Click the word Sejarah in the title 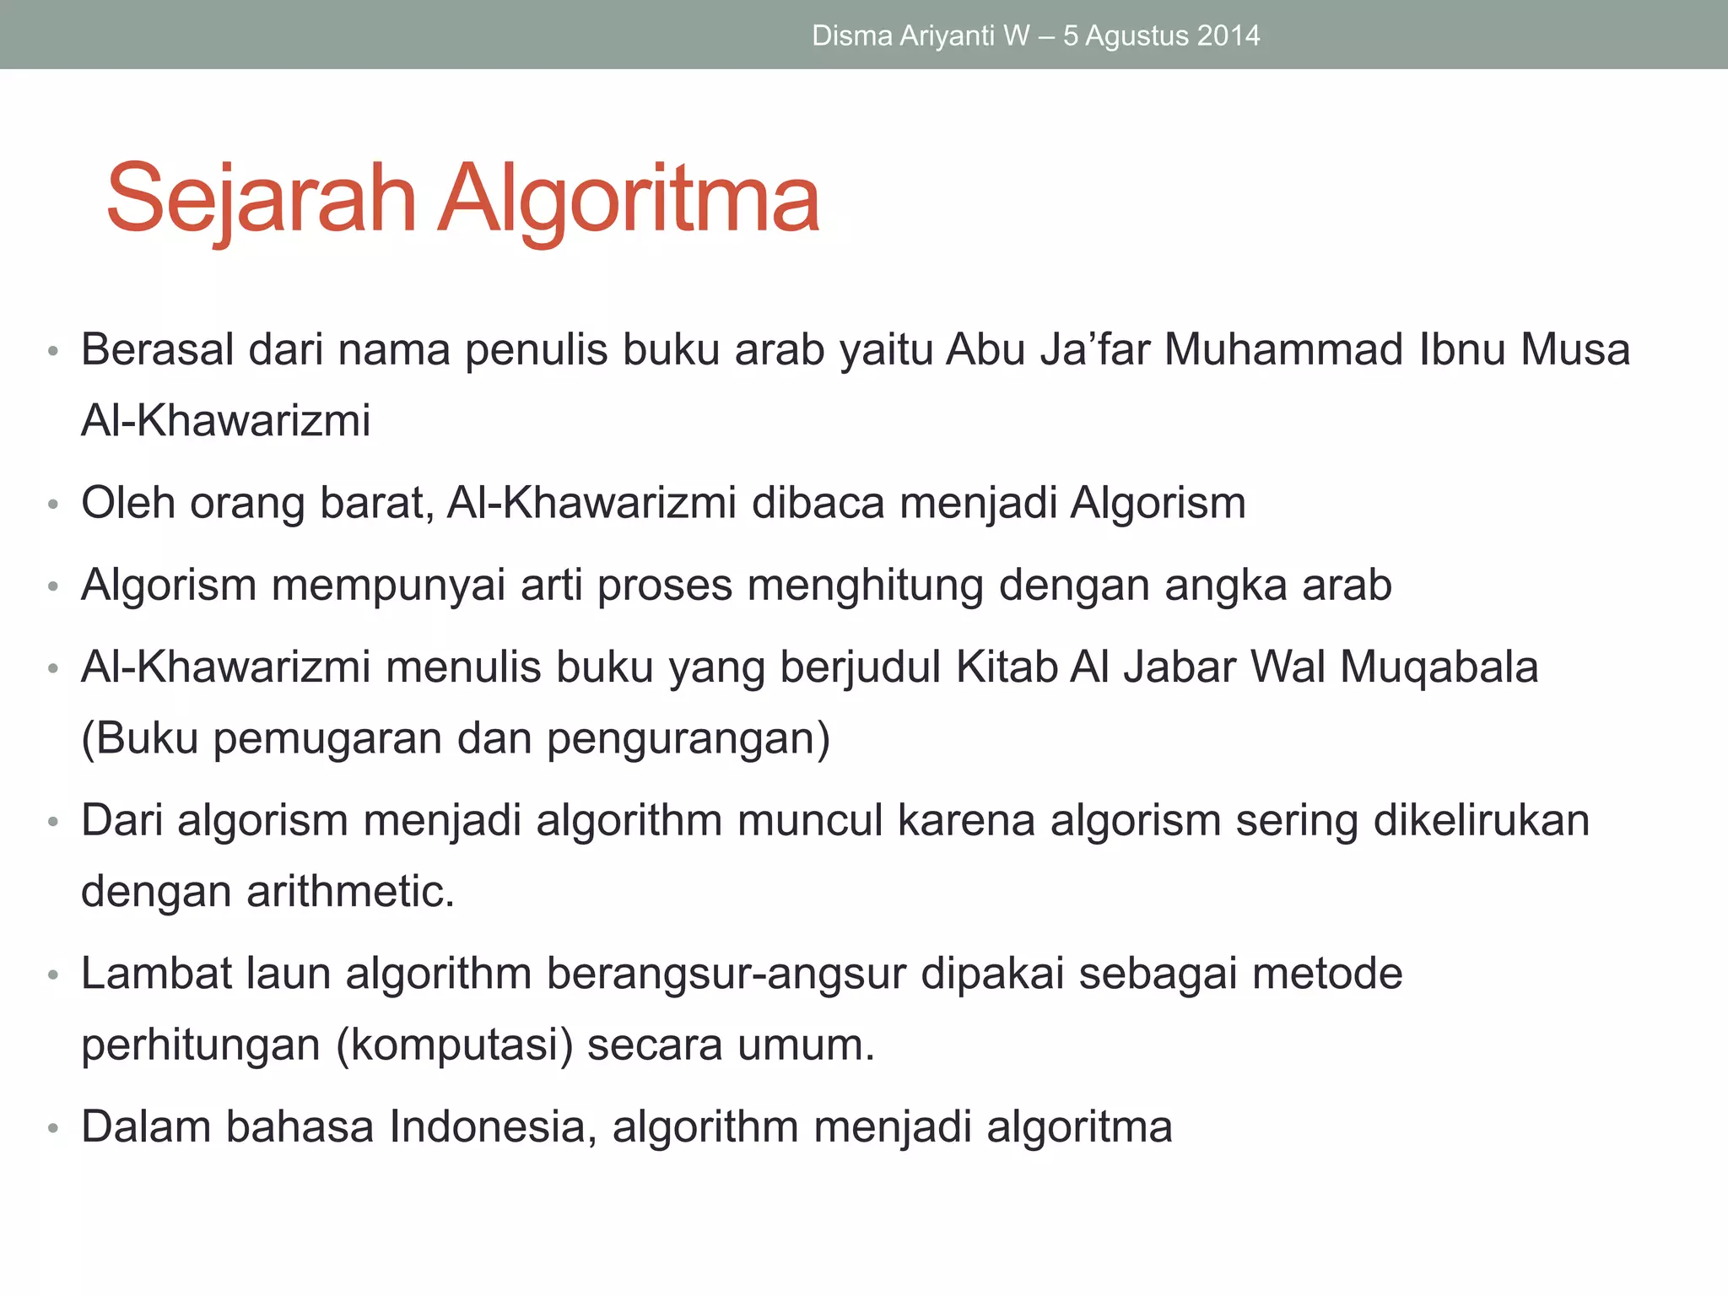point(262,199)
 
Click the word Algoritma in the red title point(628,199)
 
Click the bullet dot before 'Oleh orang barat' point(53,505)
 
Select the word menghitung point(866,585)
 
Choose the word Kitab point(1007,667)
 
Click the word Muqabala point(1439,667)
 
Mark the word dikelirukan point(1481,820)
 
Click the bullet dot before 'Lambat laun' point(53,975)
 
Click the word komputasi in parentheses point(454,1045)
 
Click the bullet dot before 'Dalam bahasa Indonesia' point(53,1128)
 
